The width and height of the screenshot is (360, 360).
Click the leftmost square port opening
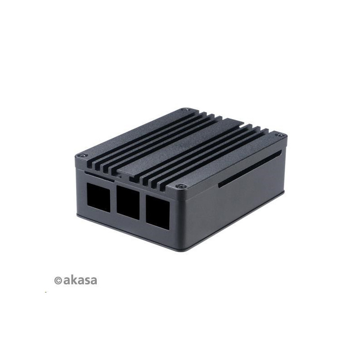(99, 198)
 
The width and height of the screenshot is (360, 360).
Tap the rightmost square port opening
(158, 212)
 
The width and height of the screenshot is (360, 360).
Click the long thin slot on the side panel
(250, 169)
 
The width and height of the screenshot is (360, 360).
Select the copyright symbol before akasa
(58, 280)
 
